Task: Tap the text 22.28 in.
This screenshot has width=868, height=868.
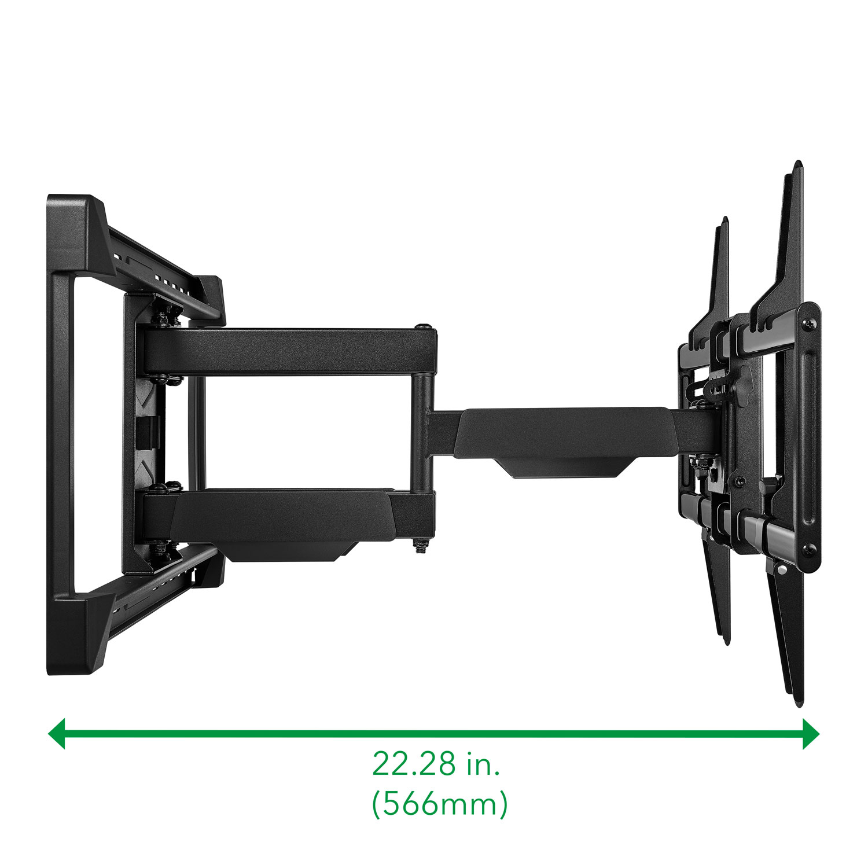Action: [x=436, y=763]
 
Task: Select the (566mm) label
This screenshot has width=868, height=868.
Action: [x=439, y=804]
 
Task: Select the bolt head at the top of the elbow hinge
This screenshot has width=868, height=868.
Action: [x=425, y=326]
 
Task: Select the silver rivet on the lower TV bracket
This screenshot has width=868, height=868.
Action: [x=782, y=571]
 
